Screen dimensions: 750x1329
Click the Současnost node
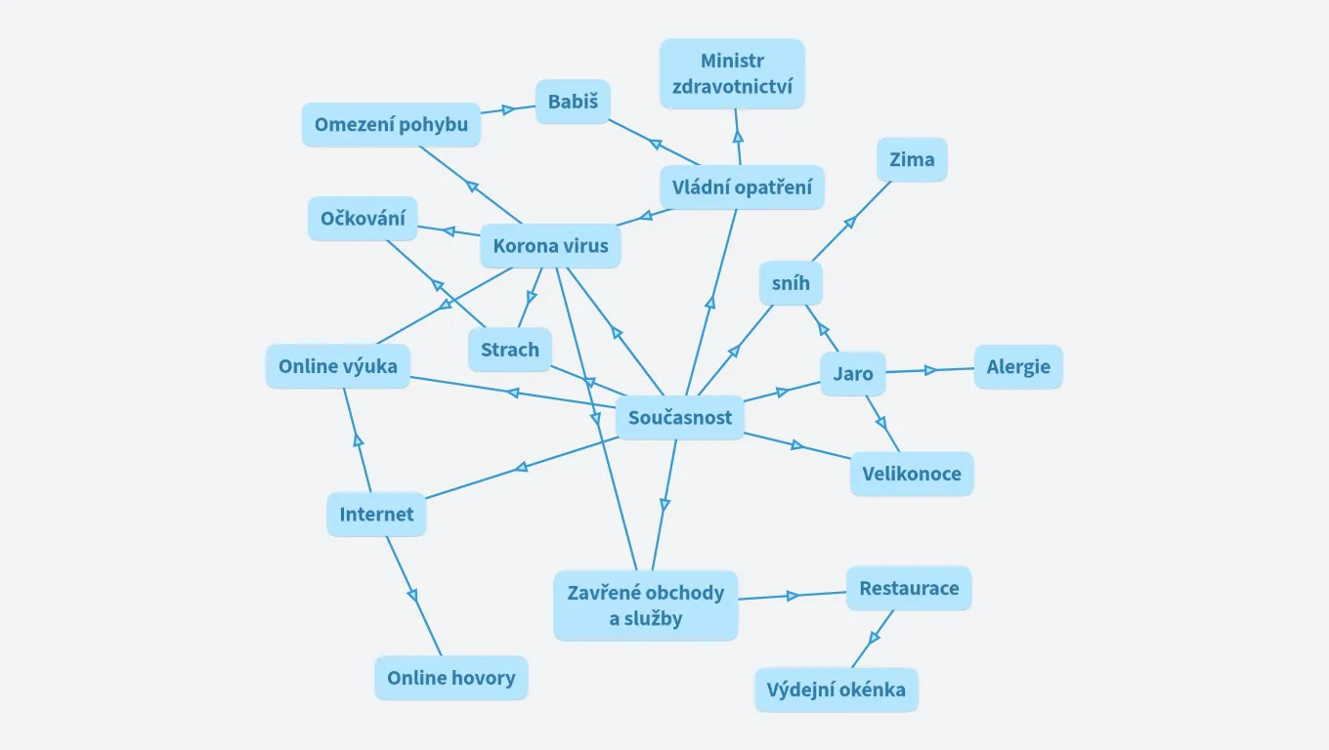[x=680, y=418]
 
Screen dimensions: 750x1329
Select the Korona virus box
[x=550, y=246]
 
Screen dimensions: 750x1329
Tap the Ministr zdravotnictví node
[x=732, y=74]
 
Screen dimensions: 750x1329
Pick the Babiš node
[x=573, y=102]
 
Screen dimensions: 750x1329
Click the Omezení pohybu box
[x=391, y=125]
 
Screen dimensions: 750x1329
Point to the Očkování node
[x=363, y=219]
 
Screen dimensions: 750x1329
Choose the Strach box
[x=510, y=350]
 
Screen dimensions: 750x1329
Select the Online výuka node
[x=338, y=366]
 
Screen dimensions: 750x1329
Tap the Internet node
[x=376, y=515]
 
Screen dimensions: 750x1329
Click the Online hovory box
[x=450, y=678]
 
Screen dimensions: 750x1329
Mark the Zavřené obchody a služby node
[x=645, y=605]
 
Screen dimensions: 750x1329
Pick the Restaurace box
[x=909, y=588]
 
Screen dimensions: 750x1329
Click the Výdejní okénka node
[x=836, y=689]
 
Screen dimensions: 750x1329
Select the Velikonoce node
[x=912, y=474]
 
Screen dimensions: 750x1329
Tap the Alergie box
[x=1018, y=367]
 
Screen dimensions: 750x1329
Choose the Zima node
[x=912, y=159]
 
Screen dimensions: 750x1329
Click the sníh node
[x=791, y=284]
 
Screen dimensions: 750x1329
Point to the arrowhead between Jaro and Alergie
[x=930, y=370]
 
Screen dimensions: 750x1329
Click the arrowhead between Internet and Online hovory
[x=412, y=595]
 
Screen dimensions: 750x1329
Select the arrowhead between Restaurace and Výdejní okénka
[x=874, y=637]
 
